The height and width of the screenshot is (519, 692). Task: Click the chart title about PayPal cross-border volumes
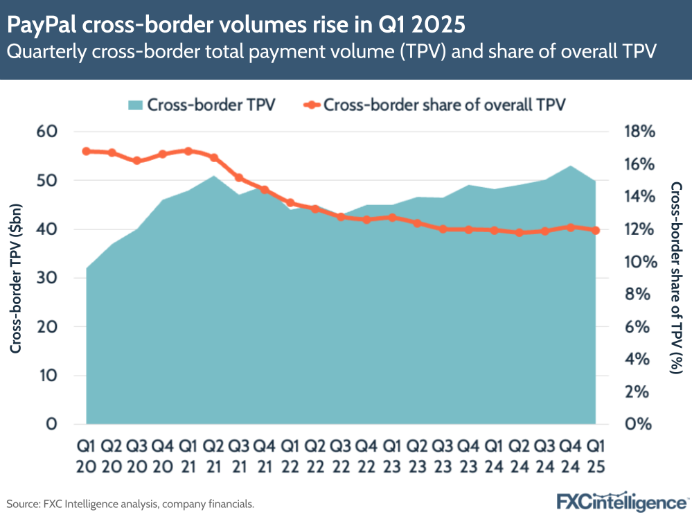pos(236,26)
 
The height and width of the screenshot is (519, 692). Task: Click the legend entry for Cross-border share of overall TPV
pos(436,105)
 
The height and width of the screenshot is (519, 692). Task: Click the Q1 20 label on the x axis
pos(87,456)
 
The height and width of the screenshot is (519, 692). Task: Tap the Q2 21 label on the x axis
pos(214,456)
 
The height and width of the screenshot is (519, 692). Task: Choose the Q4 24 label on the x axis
pos(569,456)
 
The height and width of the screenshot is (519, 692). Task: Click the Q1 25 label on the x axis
pos(595,456)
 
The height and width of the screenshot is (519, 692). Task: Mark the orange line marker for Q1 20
pos(87,151)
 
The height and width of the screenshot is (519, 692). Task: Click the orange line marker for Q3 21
pos(239,178)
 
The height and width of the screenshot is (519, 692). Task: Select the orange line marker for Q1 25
pos(595,231)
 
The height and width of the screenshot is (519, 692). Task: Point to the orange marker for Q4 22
pos(366,220)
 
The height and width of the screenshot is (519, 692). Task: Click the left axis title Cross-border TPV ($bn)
pos(16,278)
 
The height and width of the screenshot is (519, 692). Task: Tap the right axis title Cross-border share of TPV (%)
pos(677,278)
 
